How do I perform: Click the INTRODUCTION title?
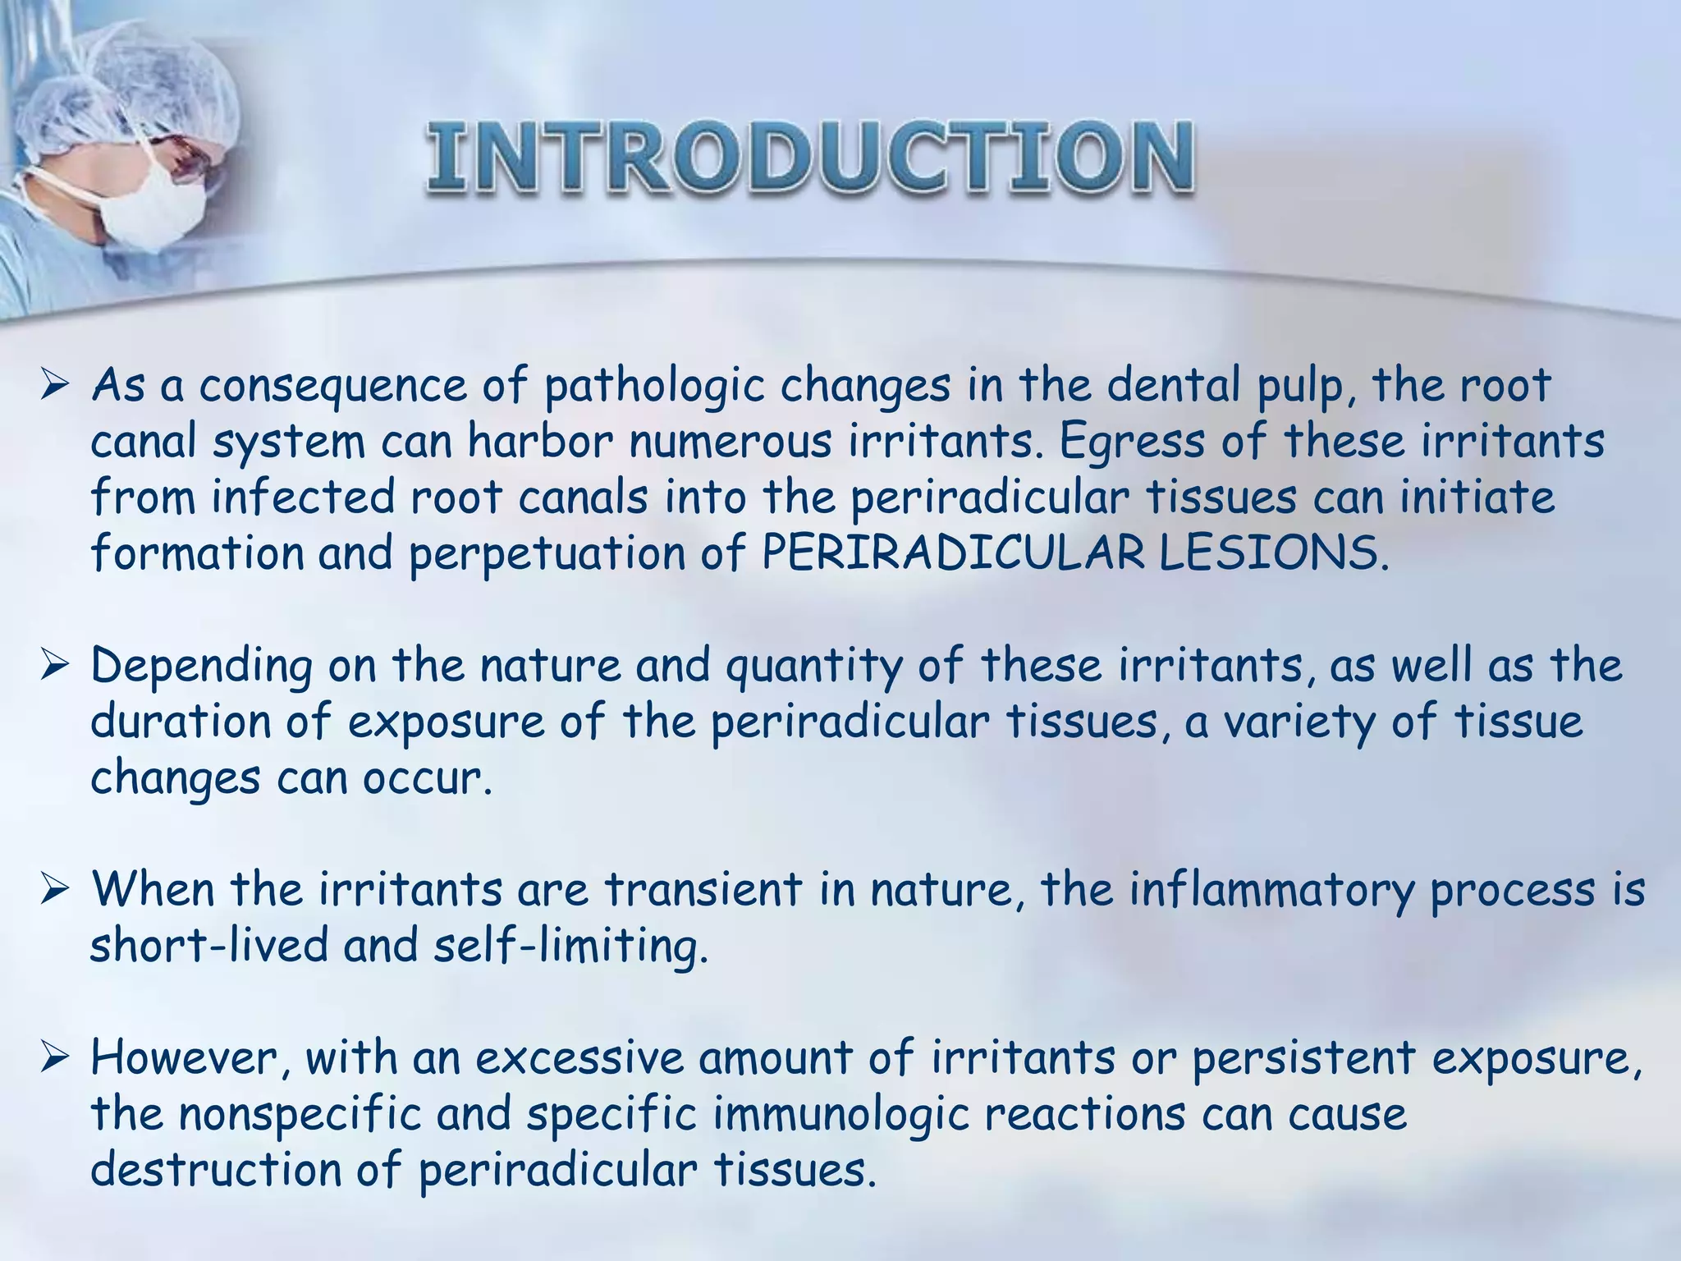(x=809, y=158)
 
